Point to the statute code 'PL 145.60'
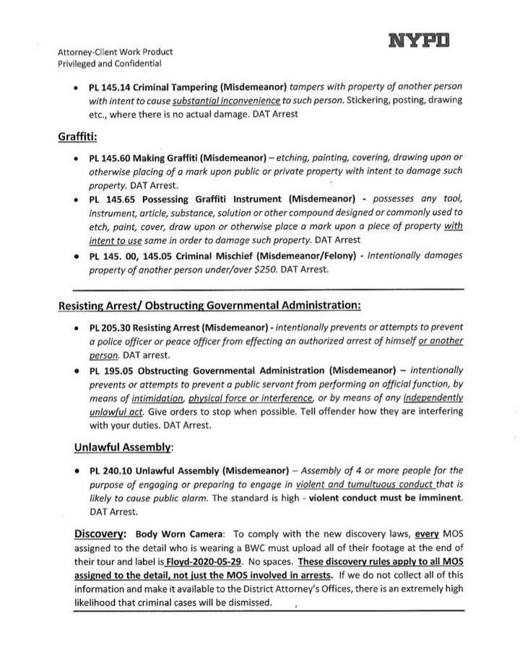(x=110, y=157)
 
